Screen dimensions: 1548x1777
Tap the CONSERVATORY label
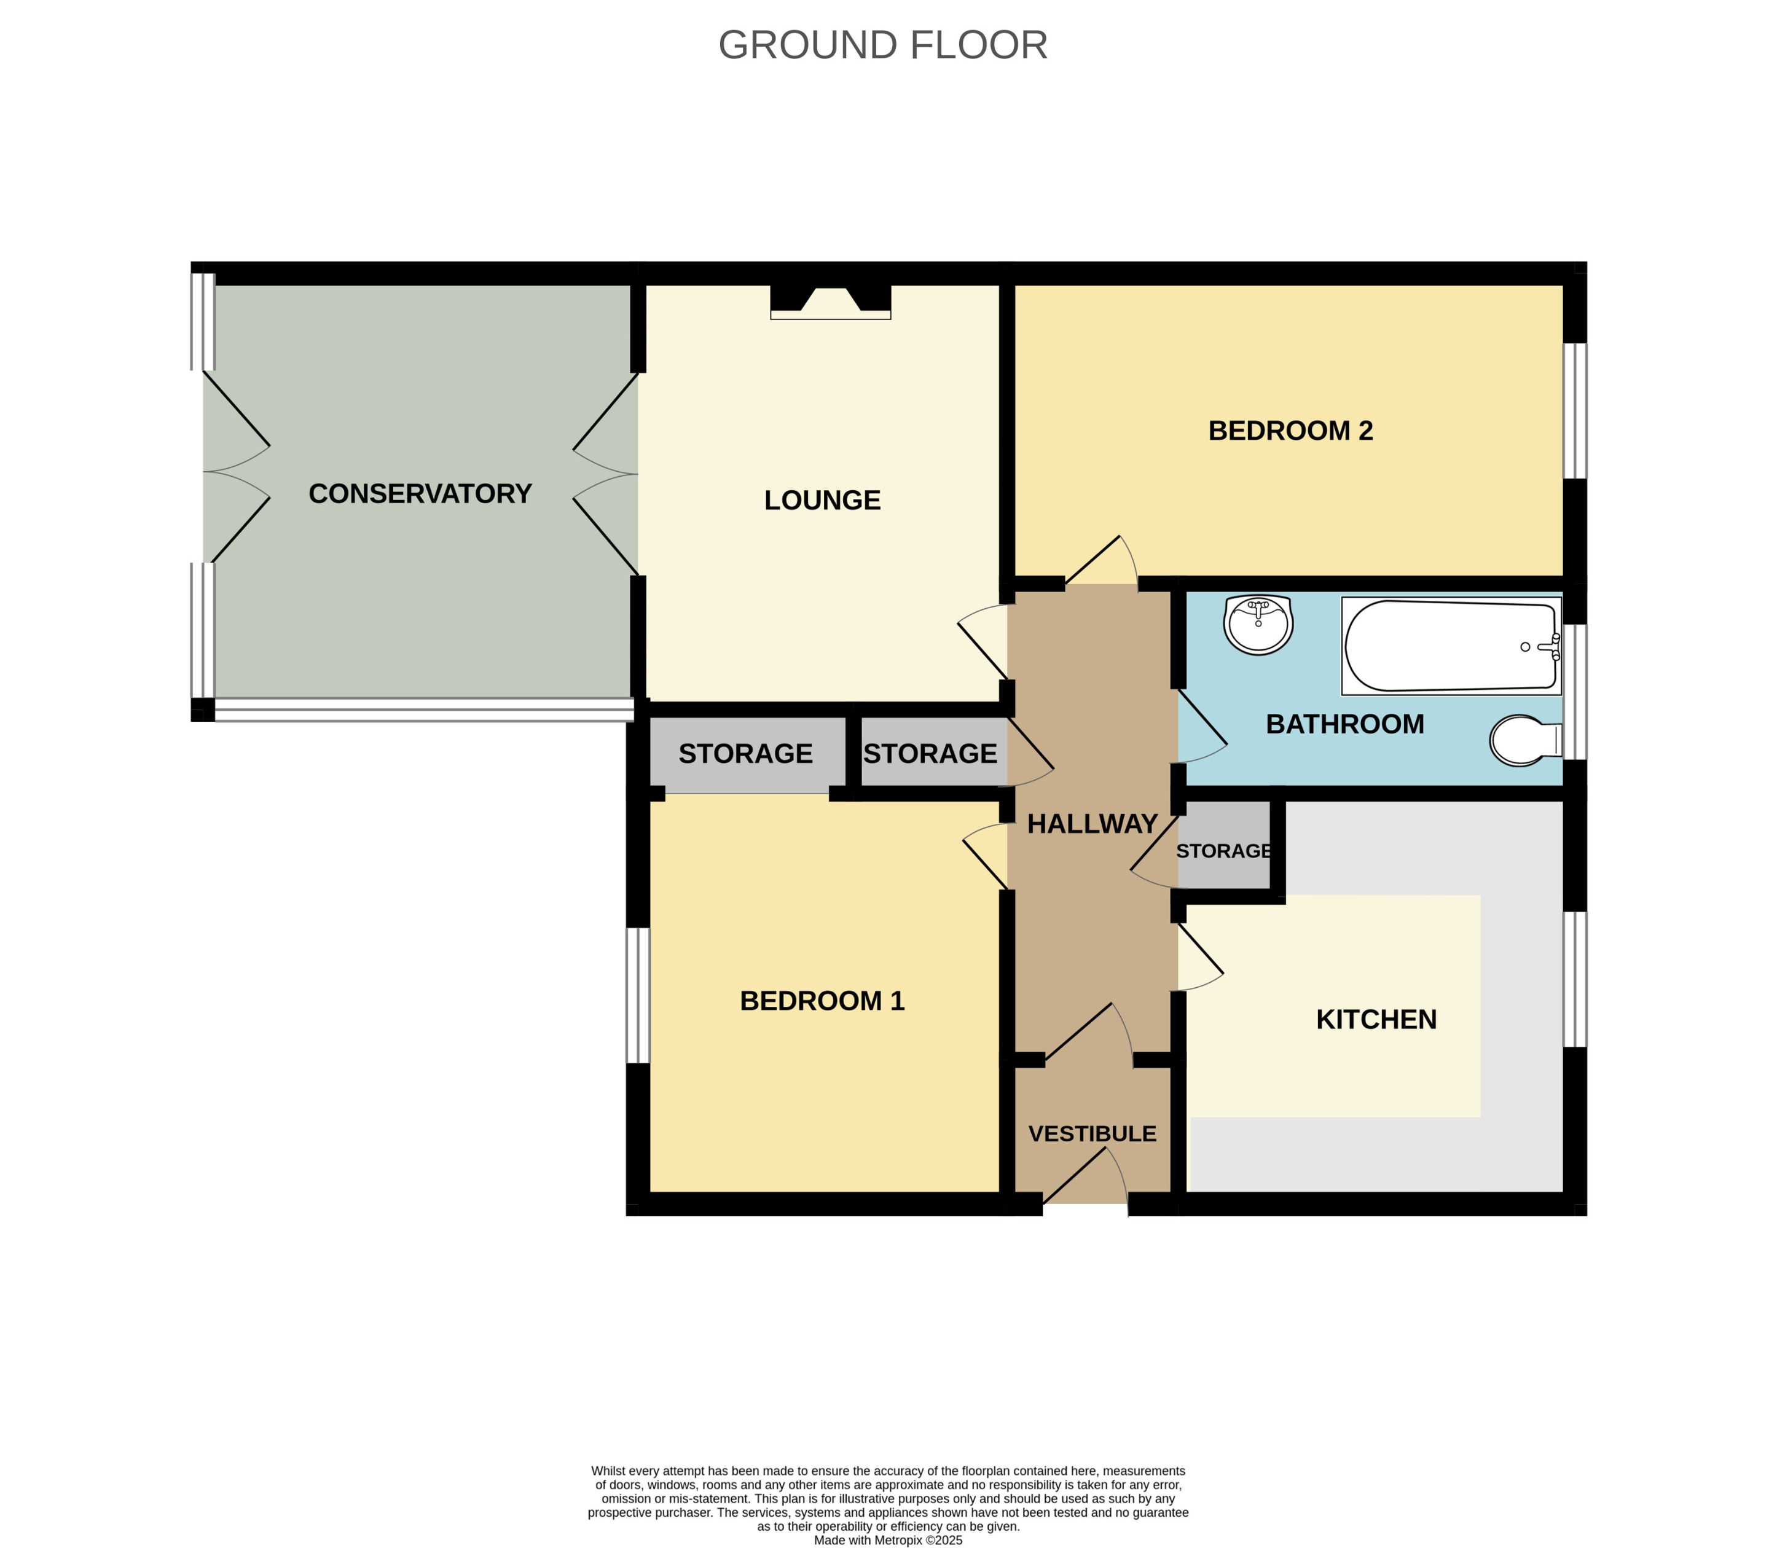click(x=420, y=493)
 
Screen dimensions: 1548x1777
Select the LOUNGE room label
click(x=822, y=500)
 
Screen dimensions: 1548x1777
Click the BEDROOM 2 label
click(x=1290, y=430)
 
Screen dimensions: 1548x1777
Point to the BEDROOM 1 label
click(x=822, y=1000)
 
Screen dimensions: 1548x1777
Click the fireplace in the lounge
click(x=830, y=302)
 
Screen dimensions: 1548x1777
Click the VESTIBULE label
click(x=1092, y=1133)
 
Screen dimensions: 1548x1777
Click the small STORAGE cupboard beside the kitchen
click(x=1223, y=851)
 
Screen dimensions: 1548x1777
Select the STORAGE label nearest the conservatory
click(x=745, y=753)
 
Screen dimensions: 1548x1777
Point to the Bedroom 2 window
click(x=1575, y=411)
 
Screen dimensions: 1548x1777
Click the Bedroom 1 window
click(x=638, y=995)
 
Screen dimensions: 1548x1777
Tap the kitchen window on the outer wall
click(x=1575, y=979)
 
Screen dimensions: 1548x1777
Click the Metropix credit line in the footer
click(x=887, y=1539)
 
